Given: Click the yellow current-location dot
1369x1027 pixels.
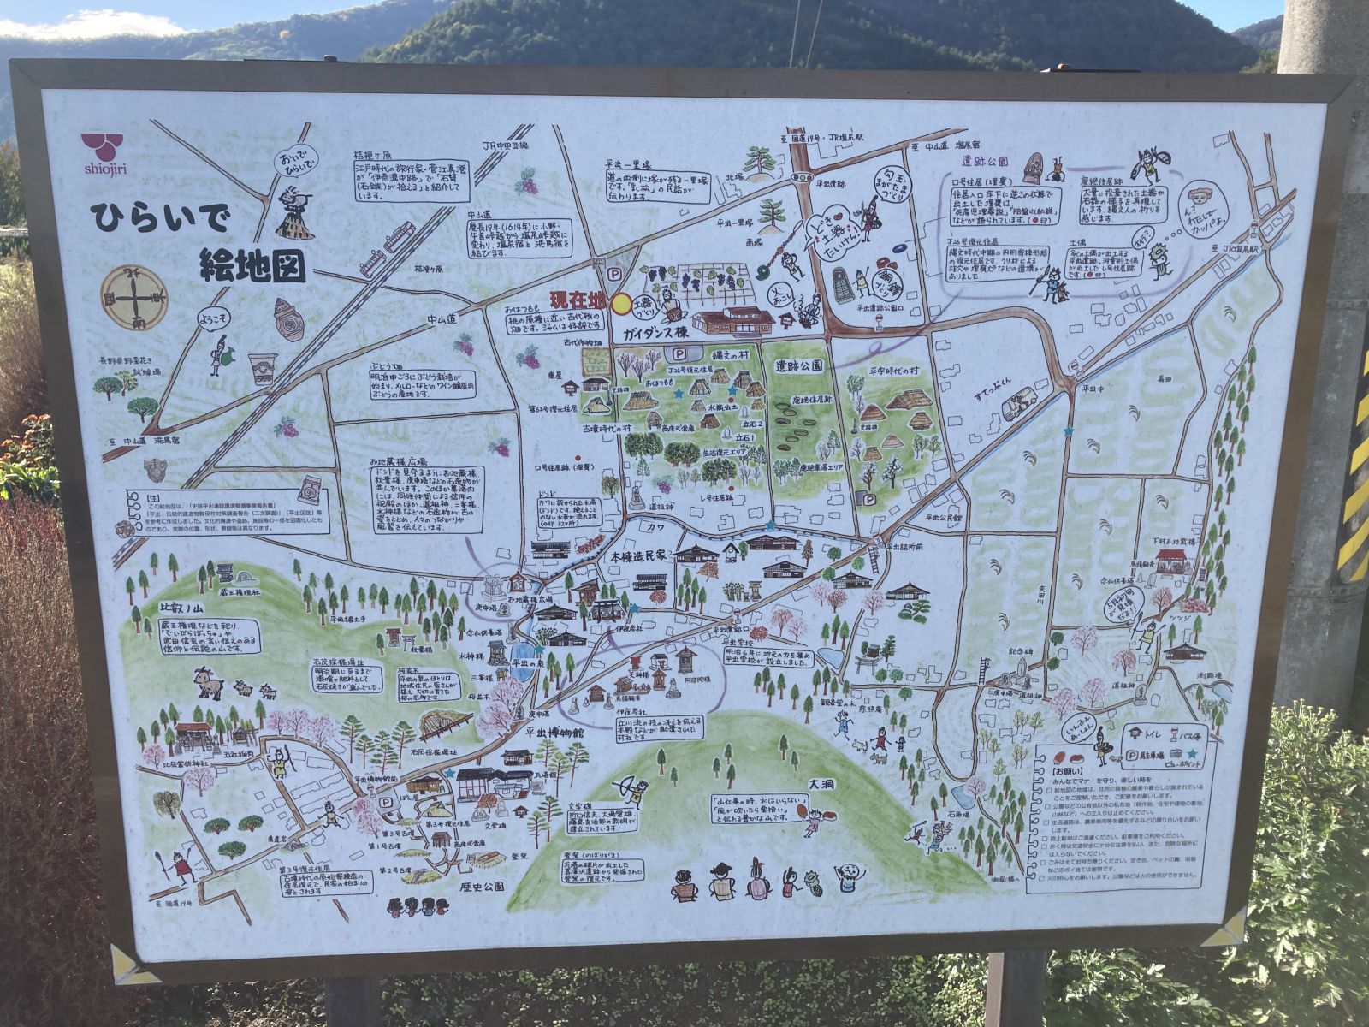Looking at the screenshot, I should point(621,303).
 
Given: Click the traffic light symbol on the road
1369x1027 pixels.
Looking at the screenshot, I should point(803,177).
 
